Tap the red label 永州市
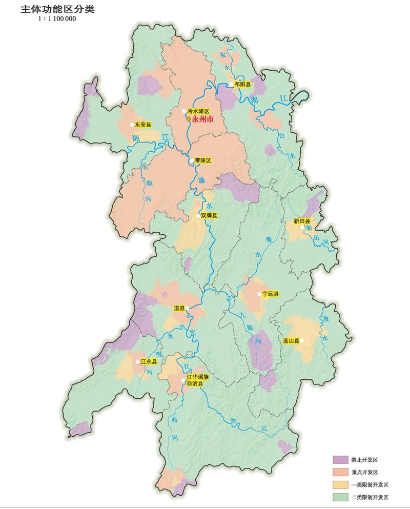pos(204,119)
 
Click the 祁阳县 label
pos(242,85)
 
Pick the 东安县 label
pos(143,125)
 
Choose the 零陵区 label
pos(203,160)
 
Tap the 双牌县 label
pos(209,216)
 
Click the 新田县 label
pos(303,221)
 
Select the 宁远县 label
pos(271,294)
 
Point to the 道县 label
pos(179,308)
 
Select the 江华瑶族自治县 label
pos(198,380)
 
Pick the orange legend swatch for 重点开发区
pos(341,472)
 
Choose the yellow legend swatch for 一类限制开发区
pos(341,484)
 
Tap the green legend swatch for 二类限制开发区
pos(341,497)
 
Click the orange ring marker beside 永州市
pos(188,119)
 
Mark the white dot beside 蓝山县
pos(302,340)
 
